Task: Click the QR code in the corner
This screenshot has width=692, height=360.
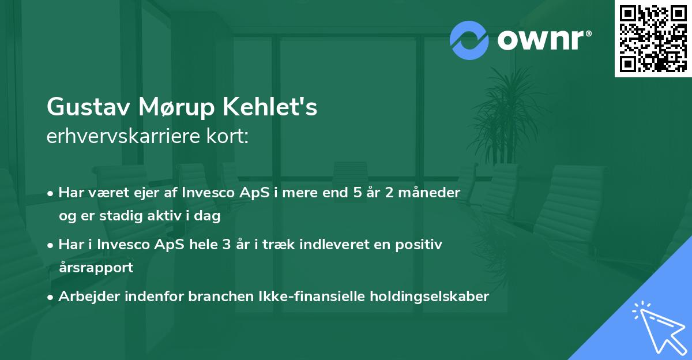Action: tap(653, 38)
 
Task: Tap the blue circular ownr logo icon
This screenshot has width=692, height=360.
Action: tap(469, 40)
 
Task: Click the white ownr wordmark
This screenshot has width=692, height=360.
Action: tap(544, 40)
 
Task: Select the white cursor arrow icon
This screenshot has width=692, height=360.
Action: tap(659, 328)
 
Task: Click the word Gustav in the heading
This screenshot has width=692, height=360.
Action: tap(88, 107)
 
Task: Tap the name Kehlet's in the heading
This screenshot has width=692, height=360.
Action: tap(270, 107)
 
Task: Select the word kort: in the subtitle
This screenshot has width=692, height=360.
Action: tap(228, 136)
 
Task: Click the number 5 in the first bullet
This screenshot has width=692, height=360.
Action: tap(358, 193)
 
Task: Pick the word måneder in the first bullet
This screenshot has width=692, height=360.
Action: tap(430, 192)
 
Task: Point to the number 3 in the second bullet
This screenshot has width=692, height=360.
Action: tap(227, 245)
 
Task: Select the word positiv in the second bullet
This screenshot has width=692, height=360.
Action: tap(419, 245)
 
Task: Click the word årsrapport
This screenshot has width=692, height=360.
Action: tap(96, 268)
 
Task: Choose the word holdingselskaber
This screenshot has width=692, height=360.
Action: tap(430, 297)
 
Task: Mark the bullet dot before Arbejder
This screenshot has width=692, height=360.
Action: tap(50, 297)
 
